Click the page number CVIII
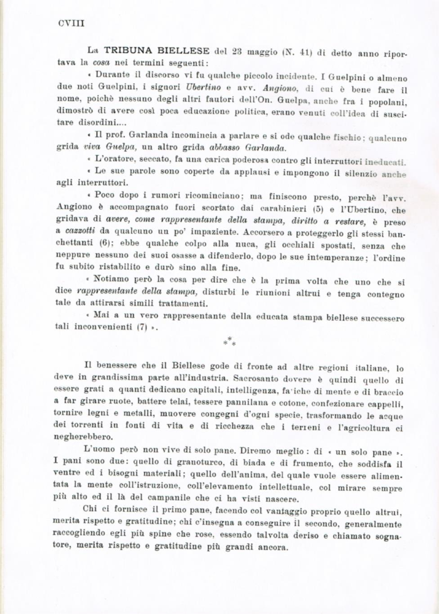coord(71,23)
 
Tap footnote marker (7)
coord(142,327)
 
